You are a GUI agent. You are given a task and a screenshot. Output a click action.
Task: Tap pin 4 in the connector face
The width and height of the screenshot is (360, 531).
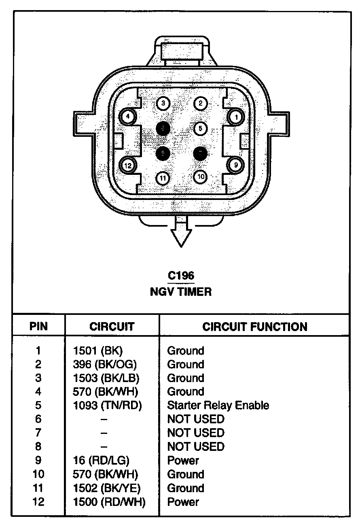(128, 117)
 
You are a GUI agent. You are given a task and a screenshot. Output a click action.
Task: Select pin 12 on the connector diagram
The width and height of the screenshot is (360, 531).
(128, 165)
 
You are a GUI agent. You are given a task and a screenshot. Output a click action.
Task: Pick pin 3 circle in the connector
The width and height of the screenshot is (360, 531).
(163, 103)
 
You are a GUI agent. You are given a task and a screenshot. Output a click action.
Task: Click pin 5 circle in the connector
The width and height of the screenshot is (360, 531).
(200, 128)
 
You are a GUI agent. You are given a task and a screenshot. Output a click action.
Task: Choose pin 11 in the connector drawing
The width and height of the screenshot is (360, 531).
(163, 178)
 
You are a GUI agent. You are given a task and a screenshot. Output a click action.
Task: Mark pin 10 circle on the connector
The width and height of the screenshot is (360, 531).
(200, 176)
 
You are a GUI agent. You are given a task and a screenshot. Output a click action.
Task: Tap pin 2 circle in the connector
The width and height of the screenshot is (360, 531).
(200, 103)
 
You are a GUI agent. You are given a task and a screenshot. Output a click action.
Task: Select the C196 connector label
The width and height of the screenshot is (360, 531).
(181, 276)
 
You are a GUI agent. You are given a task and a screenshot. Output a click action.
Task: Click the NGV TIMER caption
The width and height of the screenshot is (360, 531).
(181, 291)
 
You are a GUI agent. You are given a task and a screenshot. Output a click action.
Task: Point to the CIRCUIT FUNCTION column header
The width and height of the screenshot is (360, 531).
(254, 327)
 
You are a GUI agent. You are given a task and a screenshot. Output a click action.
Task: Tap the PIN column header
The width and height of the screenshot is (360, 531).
(38, 327)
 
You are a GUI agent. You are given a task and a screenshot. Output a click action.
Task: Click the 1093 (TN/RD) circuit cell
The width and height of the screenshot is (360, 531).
(108, 406)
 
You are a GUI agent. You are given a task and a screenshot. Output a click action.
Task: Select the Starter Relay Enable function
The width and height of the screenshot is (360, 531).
(218, 406)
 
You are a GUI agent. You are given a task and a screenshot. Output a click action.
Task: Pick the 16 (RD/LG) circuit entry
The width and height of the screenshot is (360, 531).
(102, 461)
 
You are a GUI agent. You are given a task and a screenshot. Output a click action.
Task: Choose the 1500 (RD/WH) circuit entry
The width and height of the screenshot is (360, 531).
(109, 502)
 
